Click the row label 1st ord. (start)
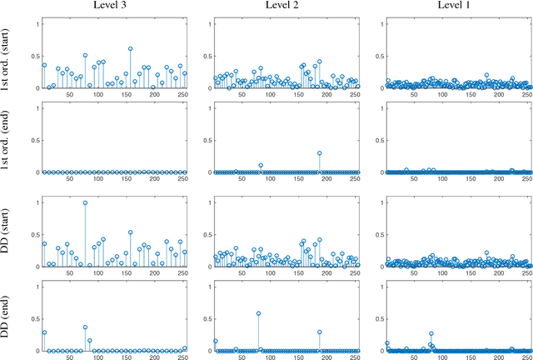pyautogui.click(x=7, y=55)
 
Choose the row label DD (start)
pyautogui.click(x=7, y=234)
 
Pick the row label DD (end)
pyautogui.click(x=7, y=318)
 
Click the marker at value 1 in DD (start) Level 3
pyautogui.click(x=85, y=202)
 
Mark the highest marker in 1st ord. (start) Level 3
pyautogui.click(x=131, y=48)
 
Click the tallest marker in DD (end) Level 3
pyautogui.click(x=85, y=327)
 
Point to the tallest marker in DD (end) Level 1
pyautogui.click(x=431, y=333)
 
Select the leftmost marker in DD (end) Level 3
pyautogui.click(x=44, y=332)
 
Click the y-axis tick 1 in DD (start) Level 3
pyautogui.click(x=35, y=202)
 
